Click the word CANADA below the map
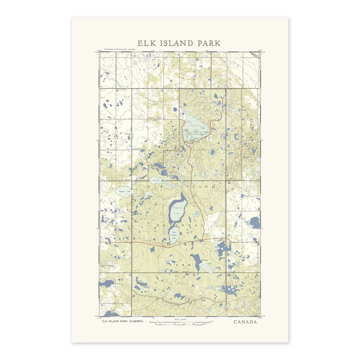pos(245,322)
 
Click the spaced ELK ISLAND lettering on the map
pos(180,185)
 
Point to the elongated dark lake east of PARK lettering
pos(196,262)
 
